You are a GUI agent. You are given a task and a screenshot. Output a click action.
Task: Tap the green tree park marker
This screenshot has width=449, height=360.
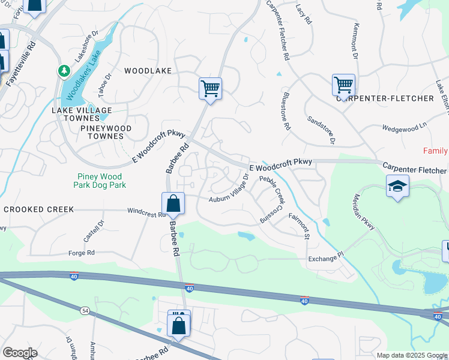[64, 71]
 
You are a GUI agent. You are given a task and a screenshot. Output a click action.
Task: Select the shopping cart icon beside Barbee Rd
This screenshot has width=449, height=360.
[211, 89]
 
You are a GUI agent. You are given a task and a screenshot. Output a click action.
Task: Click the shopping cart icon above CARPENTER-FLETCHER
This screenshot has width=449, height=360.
[344, 85]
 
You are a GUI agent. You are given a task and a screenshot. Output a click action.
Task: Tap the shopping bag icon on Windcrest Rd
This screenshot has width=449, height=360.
[173, 204]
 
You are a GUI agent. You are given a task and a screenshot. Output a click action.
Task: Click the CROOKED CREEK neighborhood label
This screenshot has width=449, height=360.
[38, 209]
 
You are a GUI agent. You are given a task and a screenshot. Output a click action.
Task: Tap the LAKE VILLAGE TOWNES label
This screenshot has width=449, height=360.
[82, 115]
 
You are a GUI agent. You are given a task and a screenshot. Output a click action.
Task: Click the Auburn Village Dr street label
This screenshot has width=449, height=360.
[229, 190]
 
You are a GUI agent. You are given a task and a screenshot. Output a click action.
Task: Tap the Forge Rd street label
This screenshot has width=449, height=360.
[82, 253]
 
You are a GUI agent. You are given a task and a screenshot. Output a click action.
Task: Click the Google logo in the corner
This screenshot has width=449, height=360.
[20, 353]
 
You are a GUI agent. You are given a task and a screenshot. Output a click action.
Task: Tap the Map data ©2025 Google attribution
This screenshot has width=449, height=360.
[412, 355]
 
